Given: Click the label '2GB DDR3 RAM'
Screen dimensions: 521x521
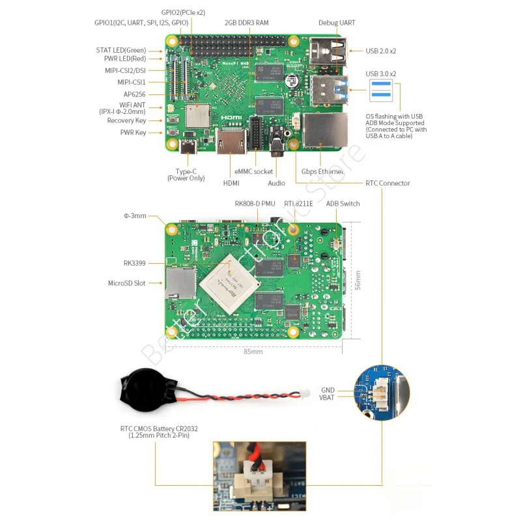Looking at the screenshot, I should [x=246, y=22].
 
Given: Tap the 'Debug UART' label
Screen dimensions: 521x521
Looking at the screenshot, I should [x=337, y=22].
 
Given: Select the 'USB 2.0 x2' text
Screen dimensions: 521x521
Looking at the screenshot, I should [x=381, y=50].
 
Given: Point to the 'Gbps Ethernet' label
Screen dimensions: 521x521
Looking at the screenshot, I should [x=323, y=172].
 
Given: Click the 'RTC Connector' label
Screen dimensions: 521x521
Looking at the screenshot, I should [x=387, y=183].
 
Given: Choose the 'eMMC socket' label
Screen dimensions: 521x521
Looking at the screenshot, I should [x=254, y=172].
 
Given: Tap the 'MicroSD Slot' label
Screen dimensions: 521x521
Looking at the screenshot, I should [x=126, y=283].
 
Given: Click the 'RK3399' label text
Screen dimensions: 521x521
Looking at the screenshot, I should [x=134, y=263].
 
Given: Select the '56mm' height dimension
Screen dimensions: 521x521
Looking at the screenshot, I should [x=358, y=280].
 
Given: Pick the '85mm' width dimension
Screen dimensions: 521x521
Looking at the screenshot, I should [x=253, y=352].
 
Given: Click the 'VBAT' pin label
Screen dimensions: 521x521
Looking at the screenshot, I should [x=327, y=397].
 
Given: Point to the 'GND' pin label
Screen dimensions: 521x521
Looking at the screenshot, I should [x=328, y=390].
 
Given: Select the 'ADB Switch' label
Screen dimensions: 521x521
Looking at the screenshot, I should [x=343, y=203].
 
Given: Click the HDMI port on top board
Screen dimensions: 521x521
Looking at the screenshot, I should [x=231, y=143].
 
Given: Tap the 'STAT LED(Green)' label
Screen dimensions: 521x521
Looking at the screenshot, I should [x=121, y=50].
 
